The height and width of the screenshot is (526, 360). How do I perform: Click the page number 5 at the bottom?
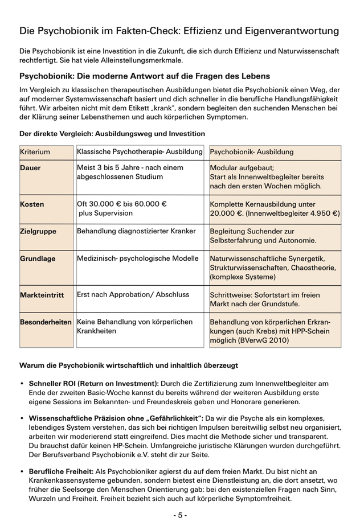tap(180, 515)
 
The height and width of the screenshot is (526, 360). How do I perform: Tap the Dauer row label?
tap(31, 169)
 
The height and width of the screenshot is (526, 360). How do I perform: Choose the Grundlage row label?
tap(38, 258)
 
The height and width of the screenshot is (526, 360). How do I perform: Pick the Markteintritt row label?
tap(42, 296)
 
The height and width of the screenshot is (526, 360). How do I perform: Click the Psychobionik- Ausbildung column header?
tap(252, 153)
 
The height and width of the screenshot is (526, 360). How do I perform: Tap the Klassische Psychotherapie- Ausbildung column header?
tap(140, 153)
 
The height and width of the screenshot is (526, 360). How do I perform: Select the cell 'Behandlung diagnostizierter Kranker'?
tap(136, 231)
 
